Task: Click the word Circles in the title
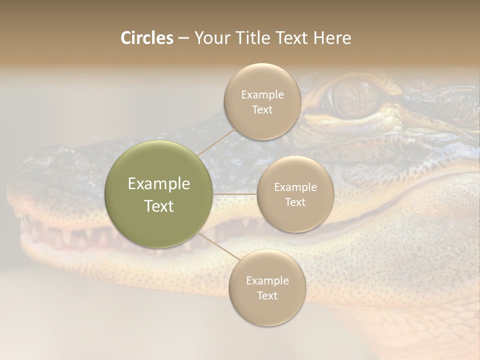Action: pyautogui.click(x=147, y=38)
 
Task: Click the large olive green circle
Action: pyautogui.click(x=159, y=194)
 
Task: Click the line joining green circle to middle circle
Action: pyautogui.click(x=235, y=194)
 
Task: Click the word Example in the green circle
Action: pyautogui.click(x=159, y=184)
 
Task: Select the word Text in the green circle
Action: pyautogui.click(x=159, y=206)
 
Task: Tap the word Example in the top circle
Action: pyautogui.click(x=262, y=95)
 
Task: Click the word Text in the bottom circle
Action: pyautogui.click(x=267, y=295)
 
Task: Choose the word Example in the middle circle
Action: pyautogui.click(x=295, y=187)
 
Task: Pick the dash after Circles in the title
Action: pyautogui.click(x=183, y=38)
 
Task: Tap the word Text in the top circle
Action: pyautogui.click(x=262, y=110)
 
